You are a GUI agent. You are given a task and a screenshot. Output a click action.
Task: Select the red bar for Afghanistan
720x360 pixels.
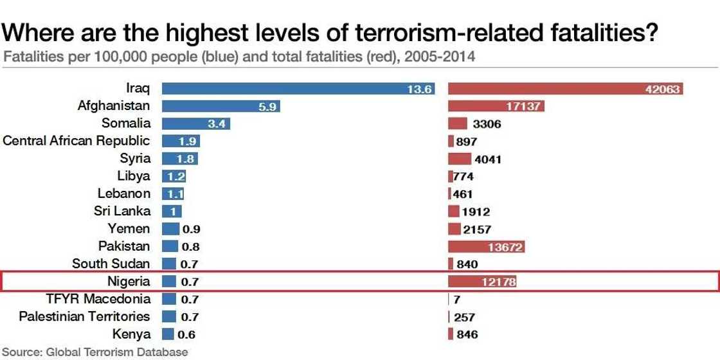[x=496, y=107]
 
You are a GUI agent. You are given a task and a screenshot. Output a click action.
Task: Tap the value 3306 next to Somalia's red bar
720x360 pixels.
[x=487, y=124]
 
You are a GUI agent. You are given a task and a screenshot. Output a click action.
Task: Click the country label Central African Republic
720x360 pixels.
[x=76, y=141]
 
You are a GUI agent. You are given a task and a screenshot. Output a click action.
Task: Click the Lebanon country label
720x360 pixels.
[x=123, y=193]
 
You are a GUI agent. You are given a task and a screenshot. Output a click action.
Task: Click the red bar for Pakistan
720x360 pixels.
[x=487, y=246]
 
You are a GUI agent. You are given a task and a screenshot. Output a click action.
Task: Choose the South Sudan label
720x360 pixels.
[x=111, y=264]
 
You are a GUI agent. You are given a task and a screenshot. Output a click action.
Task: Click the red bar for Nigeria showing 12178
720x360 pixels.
[x=482, y=281]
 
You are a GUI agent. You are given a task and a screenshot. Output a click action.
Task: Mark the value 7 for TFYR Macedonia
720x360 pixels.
[x=456, y=299]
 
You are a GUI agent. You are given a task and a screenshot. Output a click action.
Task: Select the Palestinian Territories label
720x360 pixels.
[x=84, y=316]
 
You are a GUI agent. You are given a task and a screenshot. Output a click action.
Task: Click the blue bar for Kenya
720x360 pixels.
[x=168, y=334]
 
